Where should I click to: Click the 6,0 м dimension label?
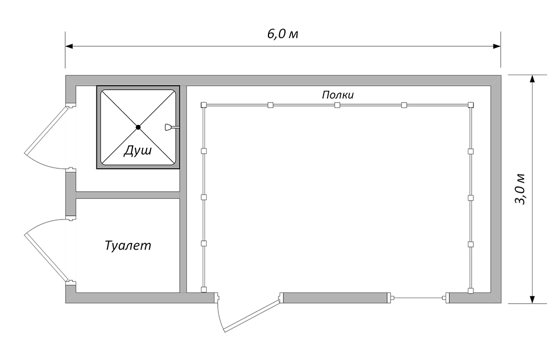tap(282, 35)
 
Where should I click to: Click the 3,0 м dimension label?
tap(520, 189)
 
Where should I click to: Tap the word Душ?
tap(138, 150)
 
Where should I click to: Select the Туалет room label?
tap(128, 246)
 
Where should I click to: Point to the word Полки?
tap(338, 95)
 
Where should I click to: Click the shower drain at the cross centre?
tap(138, 127)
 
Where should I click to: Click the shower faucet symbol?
tap(170, 127)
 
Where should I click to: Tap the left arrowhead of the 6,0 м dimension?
tap(69, 46)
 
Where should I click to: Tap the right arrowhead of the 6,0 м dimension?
tap(497, 46)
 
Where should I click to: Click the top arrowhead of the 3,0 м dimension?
tap(532, 79)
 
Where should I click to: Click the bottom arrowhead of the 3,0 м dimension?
tap(532, 299)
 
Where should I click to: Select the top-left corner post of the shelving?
tap(203, 105)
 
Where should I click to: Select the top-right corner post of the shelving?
tap(471, 105)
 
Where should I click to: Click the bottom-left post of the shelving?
tap(203, 290)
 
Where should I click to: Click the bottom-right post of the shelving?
tap(471, 291)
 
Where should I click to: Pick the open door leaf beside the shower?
tap(46, 130)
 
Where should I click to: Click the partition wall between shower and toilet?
tap(128, 195)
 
